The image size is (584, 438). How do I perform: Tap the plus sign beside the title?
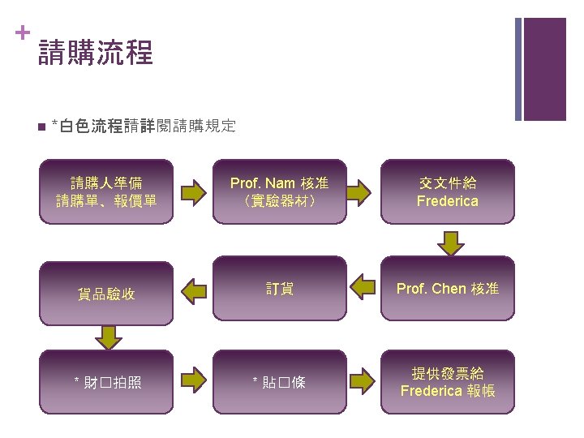tap(21, 32)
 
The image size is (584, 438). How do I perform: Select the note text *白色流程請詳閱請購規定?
tap(143, 126)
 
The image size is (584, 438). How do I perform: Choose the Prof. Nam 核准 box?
tap(280, 191)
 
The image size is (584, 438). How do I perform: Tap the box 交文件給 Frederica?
tap(448, 191)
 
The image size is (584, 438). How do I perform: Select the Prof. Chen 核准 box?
tap(448, 289)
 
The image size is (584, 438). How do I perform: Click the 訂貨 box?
tap(280, 289)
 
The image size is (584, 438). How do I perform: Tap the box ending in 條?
tap(280, 381)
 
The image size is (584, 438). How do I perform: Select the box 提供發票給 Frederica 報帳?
tap(448, 381)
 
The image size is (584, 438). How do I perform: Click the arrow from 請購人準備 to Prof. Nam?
tap(194, 192)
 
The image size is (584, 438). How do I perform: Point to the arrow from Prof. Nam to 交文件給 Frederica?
tap(363, 192)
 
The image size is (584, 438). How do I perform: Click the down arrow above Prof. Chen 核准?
tap(448, 241)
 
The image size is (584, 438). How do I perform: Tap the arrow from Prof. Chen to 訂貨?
tap(363, 286)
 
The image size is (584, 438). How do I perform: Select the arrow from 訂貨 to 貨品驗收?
tap(194, 288)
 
